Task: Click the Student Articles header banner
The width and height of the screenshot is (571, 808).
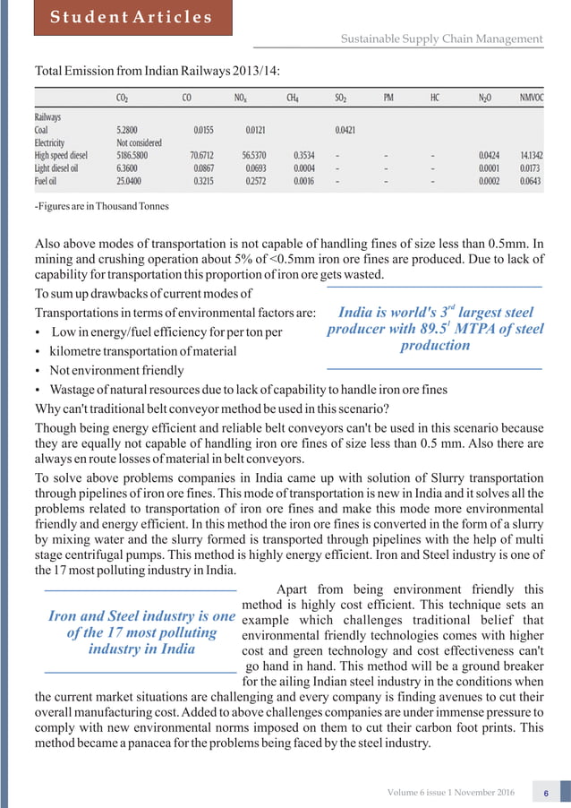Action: [131, 17]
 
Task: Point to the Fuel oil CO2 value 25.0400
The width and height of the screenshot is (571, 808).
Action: [132, 180]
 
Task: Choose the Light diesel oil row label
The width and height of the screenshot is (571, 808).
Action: [63, 168]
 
